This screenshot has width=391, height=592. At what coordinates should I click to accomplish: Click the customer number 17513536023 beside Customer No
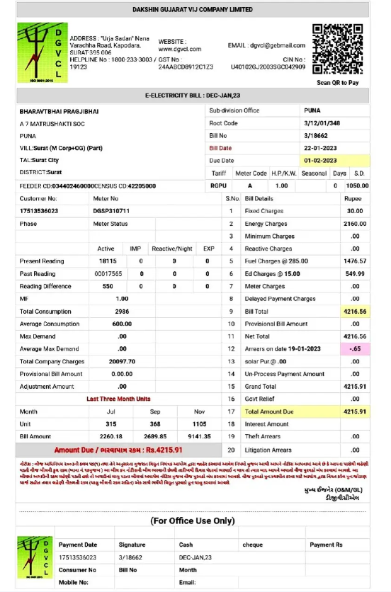point(40,211)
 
